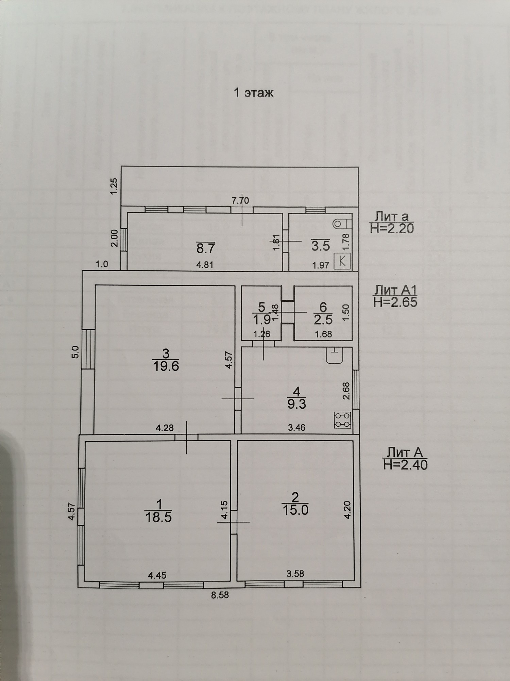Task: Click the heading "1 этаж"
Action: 254,93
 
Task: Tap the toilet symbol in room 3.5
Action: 339,223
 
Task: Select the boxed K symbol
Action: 342,261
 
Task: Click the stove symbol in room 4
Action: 342,420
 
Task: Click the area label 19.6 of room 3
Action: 166,366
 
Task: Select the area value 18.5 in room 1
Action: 158,517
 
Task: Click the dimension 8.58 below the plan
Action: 220,595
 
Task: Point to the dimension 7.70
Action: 240,201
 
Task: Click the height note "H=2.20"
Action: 392,228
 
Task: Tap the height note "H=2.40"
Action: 405,464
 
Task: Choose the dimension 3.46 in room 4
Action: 297,427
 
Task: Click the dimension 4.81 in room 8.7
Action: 205,265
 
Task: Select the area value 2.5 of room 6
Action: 323,320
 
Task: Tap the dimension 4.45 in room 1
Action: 157,575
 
